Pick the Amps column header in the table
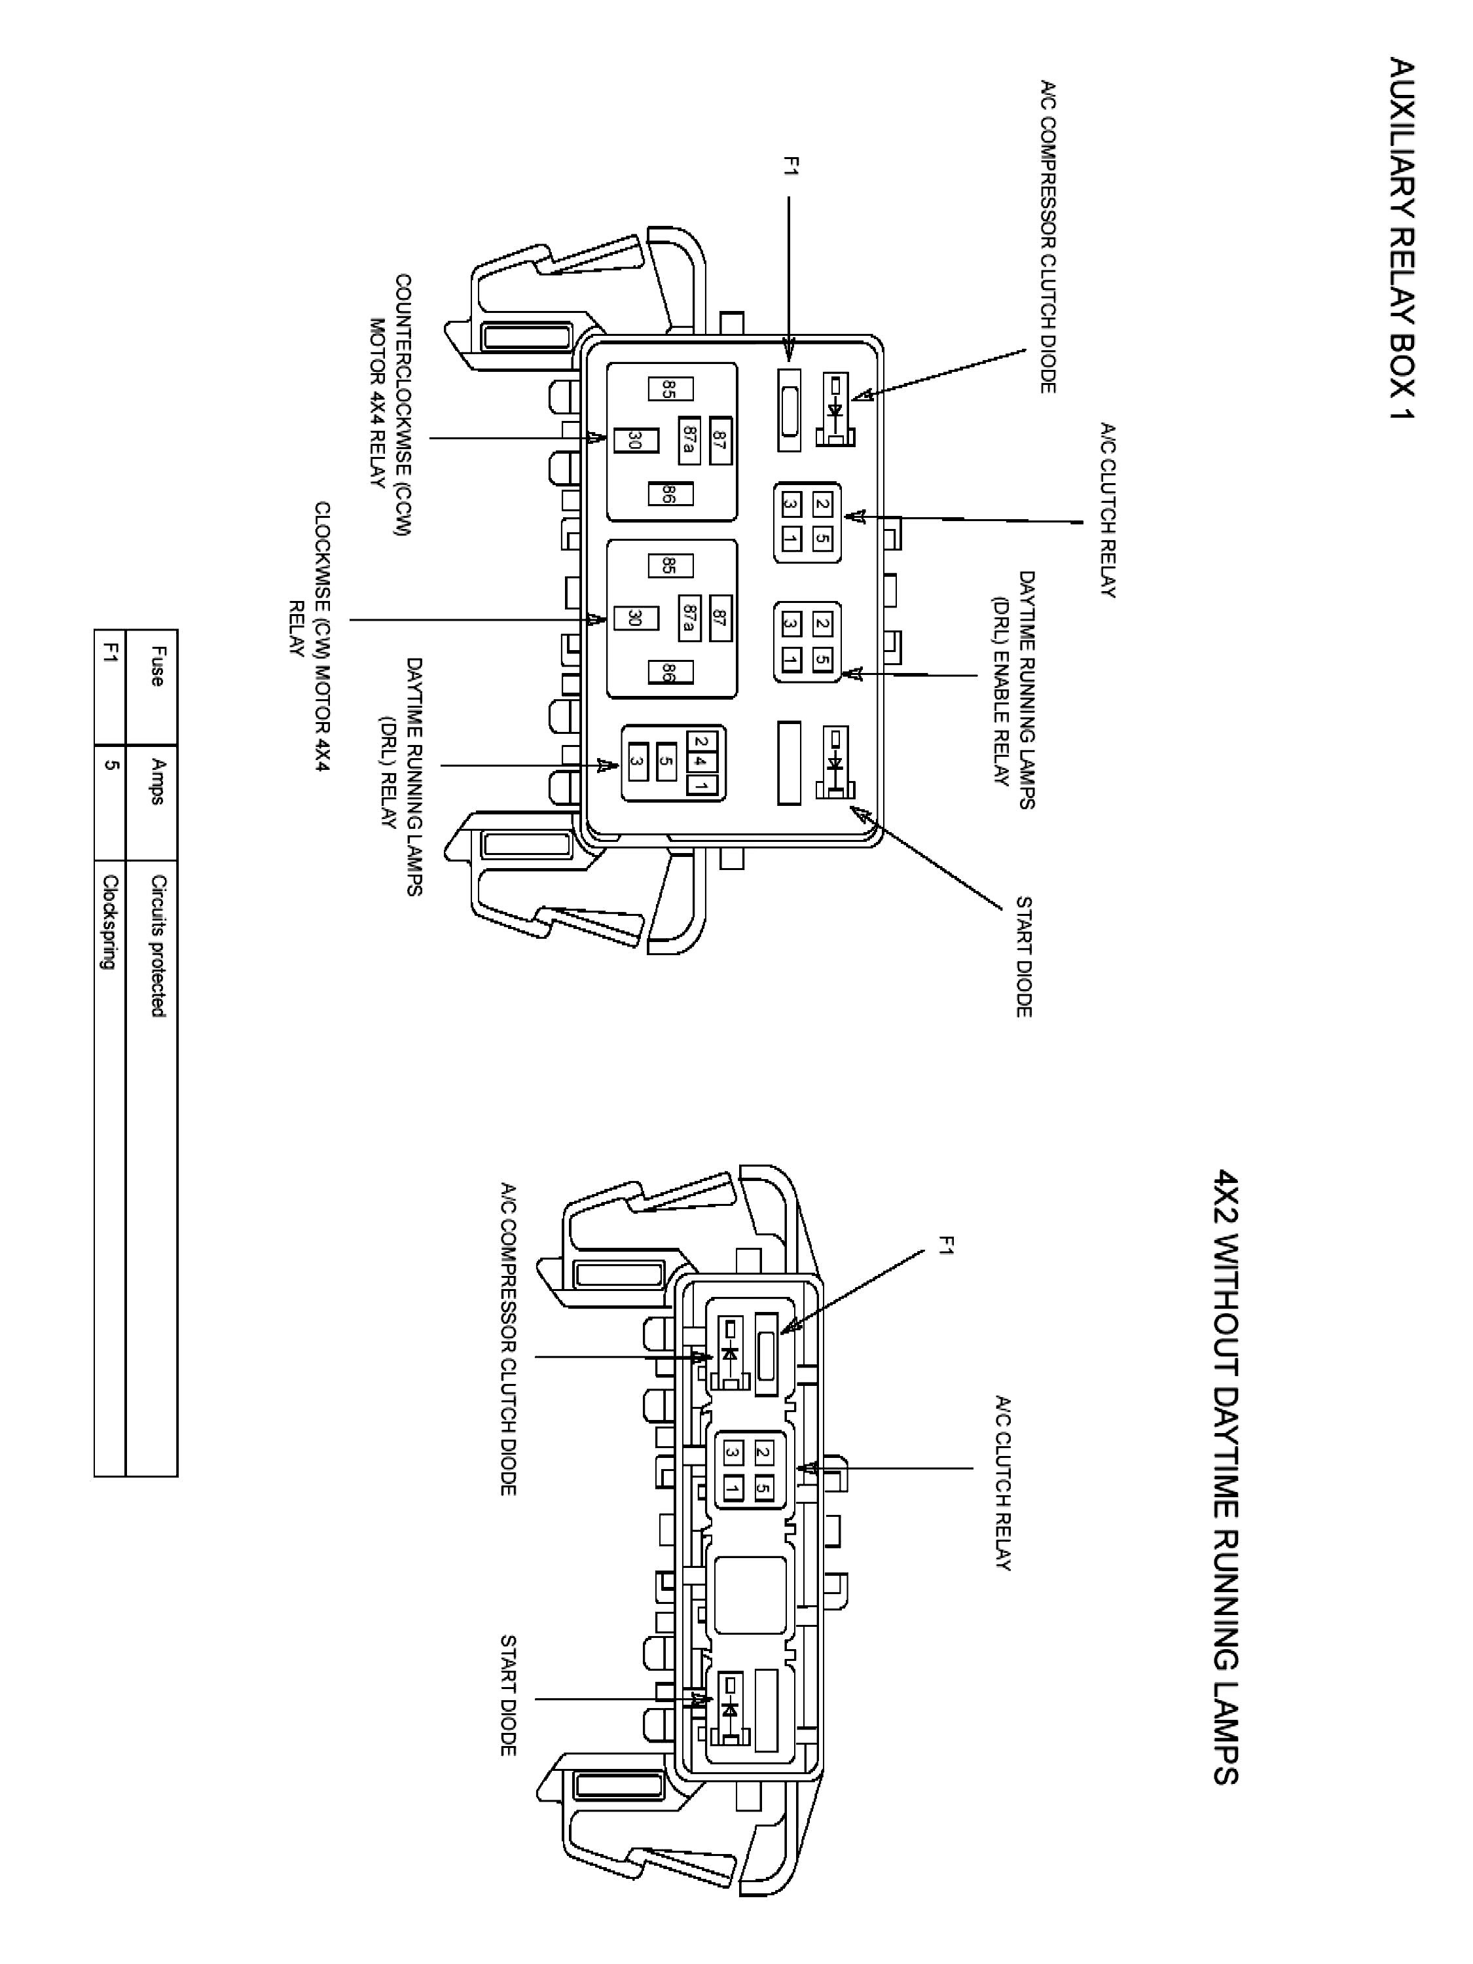(x=157, y=781)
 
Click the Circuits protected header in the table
(x=157, y=945)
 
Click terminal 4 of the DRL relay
(x=700, y=761)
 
